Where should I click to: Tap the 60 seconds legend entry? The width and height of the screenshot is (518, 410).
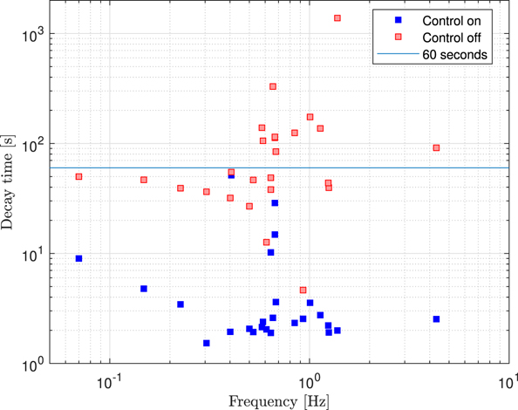coord(454,55)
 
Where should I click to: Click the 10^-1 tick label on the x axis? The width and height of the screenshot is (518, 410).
coord(110,381)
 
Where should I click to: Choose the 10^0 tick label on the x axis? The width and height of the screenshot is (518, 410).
coord(309,381)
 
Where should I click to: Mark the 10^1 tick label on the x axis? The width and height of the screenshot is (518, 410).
coord(506,381)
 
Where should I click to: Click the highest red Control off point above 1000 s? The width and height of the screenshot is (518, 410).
coord(337,18)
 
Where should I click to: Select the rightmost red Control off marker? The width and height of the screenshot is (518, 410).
coord(436,148)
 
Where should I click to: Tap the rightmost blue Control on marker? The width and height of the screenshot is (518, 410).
coord(436,319)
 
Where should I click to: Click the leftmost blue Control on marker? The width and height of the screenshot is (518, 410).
coord(78,258)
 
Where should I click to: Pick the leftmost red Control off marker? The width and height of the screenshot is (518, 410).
coord(78,176)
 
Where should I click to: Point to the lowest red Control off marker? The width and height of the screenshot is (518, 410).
coord(303,290)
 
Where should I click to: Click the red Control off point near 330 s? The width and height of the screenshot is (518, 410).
coord(273,86)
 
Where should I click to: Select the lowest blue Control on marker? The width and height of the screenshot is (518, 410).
coord(207,343)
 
